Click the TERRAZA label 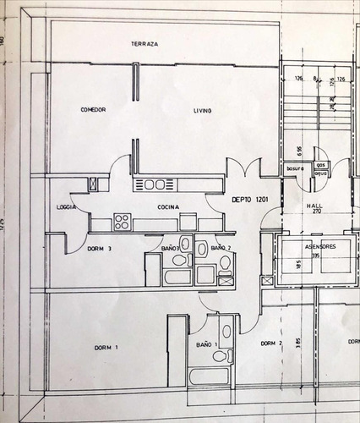[146, 43]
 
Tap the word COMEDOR [93, 110]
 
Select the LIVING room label [202, 112]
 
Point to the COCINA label [165, 206]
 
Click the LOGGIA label [67, 206]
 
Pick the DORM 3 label [100, 249]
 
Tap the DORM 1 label [105, 348]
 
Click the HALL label [315, 204]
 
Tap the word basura [294, 169]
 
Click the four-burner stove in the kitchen [122, 222]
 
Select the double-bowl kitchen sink [154, 184]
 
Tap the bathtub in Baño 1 [205, 376]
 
